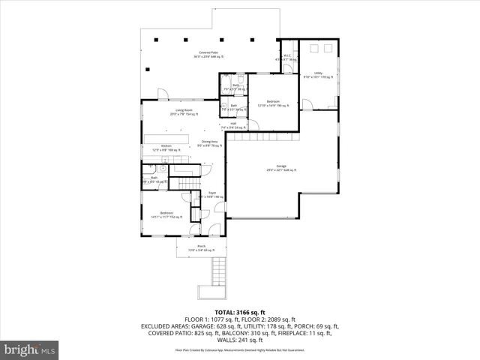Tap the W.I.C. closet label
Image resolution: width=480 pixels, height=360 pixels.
286,57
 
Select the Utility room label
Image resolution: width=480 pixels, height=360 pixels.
318,74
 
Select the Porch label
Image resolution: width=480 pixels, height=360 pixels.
201,247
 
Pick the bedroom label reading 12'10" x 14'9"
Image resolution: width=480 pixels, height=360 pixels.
273,103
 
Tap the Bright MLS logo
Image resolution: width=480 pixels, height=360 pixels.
30,349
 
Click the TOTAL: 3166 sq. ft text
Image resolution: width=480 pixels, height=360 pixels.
239,311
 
